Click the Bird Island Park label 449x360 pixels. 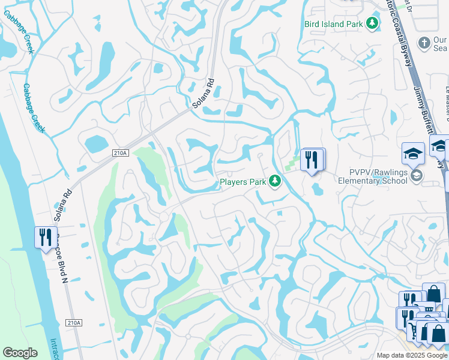(x=334, y=24)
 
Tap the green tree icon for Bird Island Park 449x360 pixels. (x=373, y=23)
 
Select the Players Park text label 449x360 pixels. (x=241, y=181)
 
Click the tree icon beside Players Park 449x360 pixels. (x=275, y=181)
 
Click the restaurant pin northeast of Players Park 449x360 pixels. (x=312, y=160)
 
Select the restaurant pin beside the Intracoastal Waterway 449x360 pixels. (x=45, y=238)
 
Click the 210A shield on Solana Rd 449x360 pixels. (x=120, y=153)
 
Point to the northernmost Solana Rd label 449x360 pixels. (x=203, y=94)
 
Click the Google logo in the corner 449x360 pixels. (x=20, y=353)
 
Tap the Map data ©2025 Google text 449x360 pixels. (x=411, y=355)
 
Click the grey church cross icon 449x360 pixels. (x=424, y=43)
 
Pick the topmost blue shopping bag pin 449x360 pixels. (x=433, y=293)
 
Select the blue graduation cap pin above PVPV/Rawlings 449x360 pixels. (x=413, y=154)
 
